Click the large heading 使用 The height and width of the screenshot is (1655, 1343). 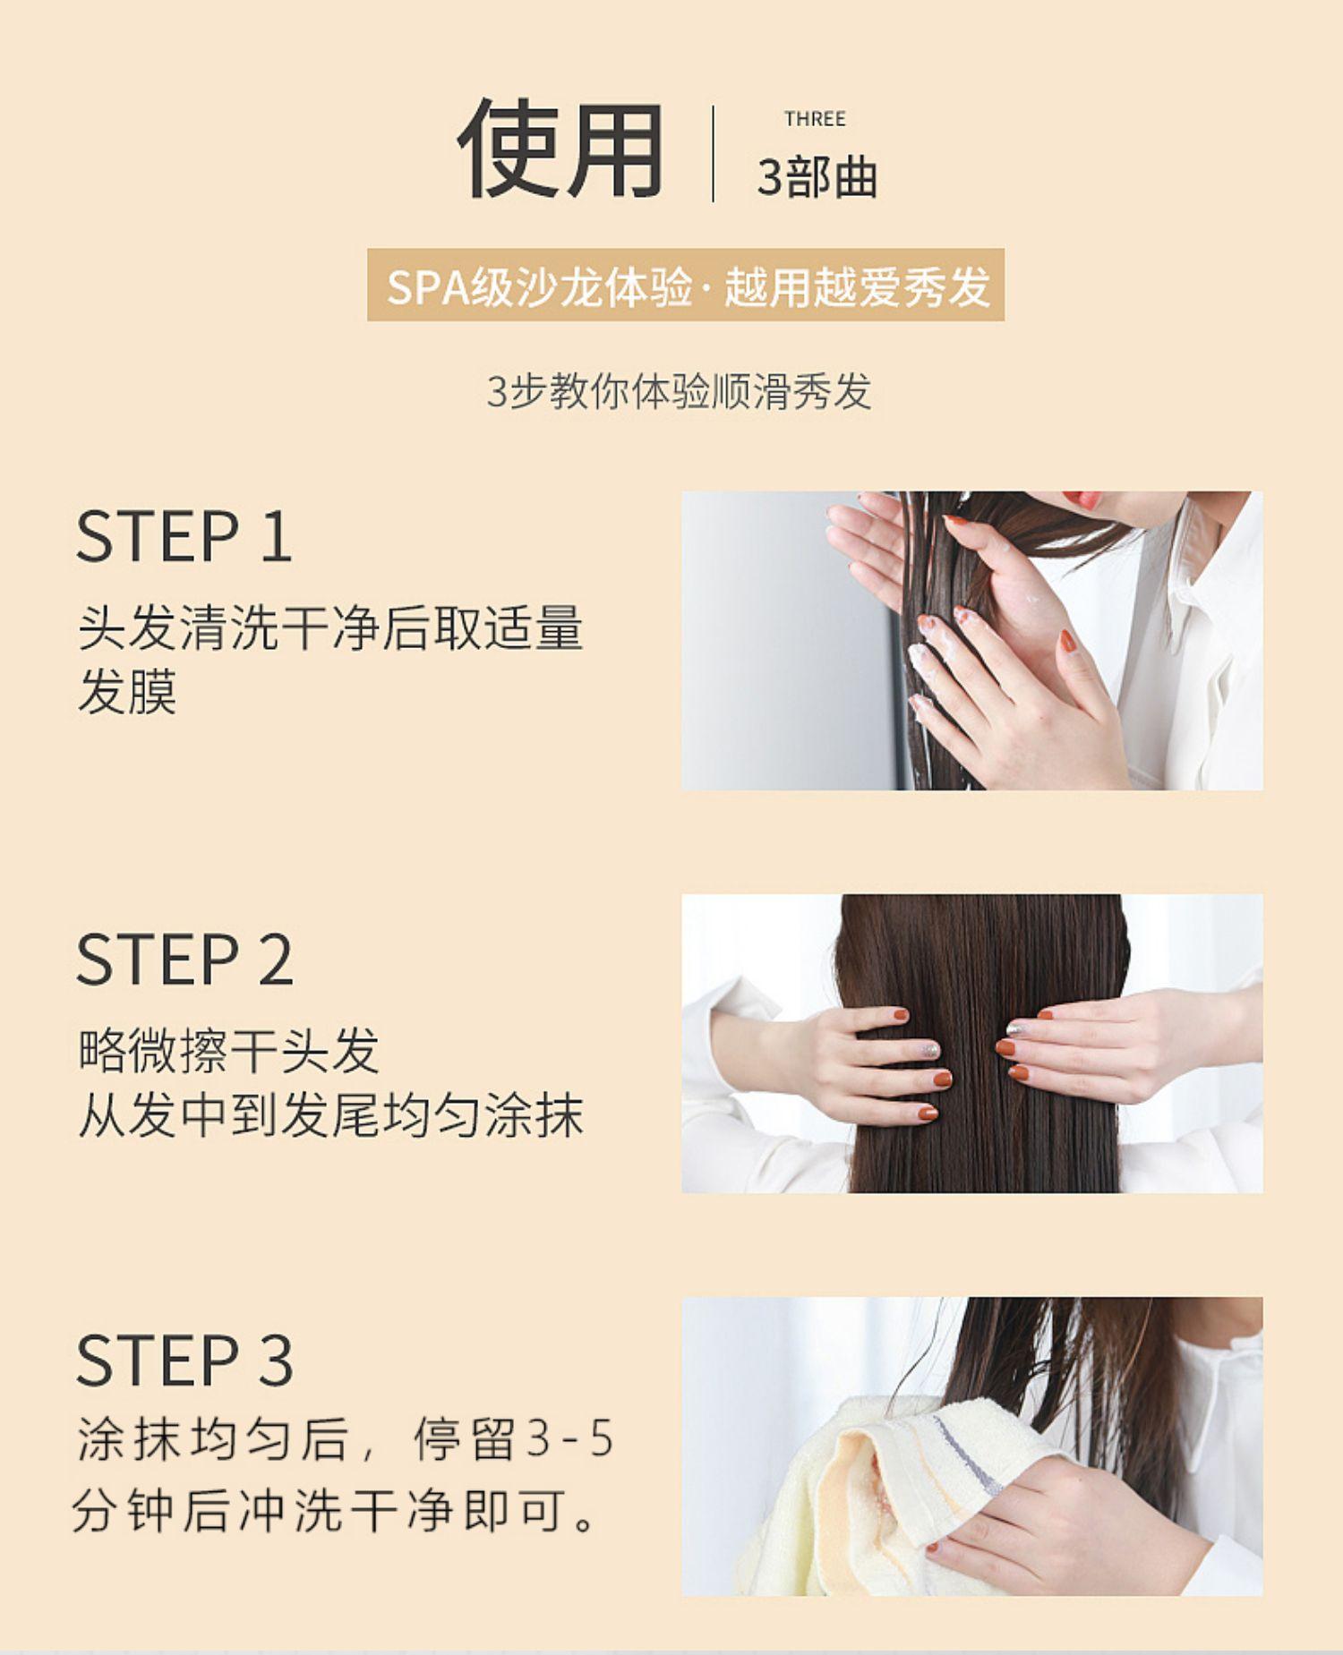[x=560, y=149]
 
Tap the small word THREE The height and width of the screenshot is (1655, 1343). [x=815, y=119]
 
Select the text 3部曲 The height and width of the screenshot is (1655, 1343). [x=817, y=177]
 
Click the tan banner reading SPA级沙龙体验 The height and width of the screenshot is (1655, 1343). [x=686, y=285]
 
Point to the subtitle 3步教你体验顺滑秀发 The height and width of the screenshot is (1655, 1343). [x=679, y=391]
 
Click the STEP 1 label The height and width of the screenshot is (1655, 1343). [x=184, y=537]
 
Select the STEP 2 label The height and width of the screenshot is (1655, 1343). [x=184, y=959]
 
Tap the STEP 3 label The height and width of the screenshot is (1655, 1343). [x=184, y=1361]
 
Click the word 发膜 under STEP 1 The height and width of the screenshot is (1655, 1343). [x=127, y=692]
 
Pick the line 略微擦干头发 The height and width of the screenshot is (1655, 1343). [x=229, y=1051]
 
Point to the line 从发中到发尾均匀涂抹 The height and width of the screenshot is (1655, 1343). [x=330, y=1115]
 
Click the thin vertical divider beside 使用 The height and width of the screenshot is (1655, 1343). [x=714, y=153]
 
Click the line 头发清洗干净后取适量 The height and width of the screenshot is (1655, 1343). [x=330, y=627]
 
